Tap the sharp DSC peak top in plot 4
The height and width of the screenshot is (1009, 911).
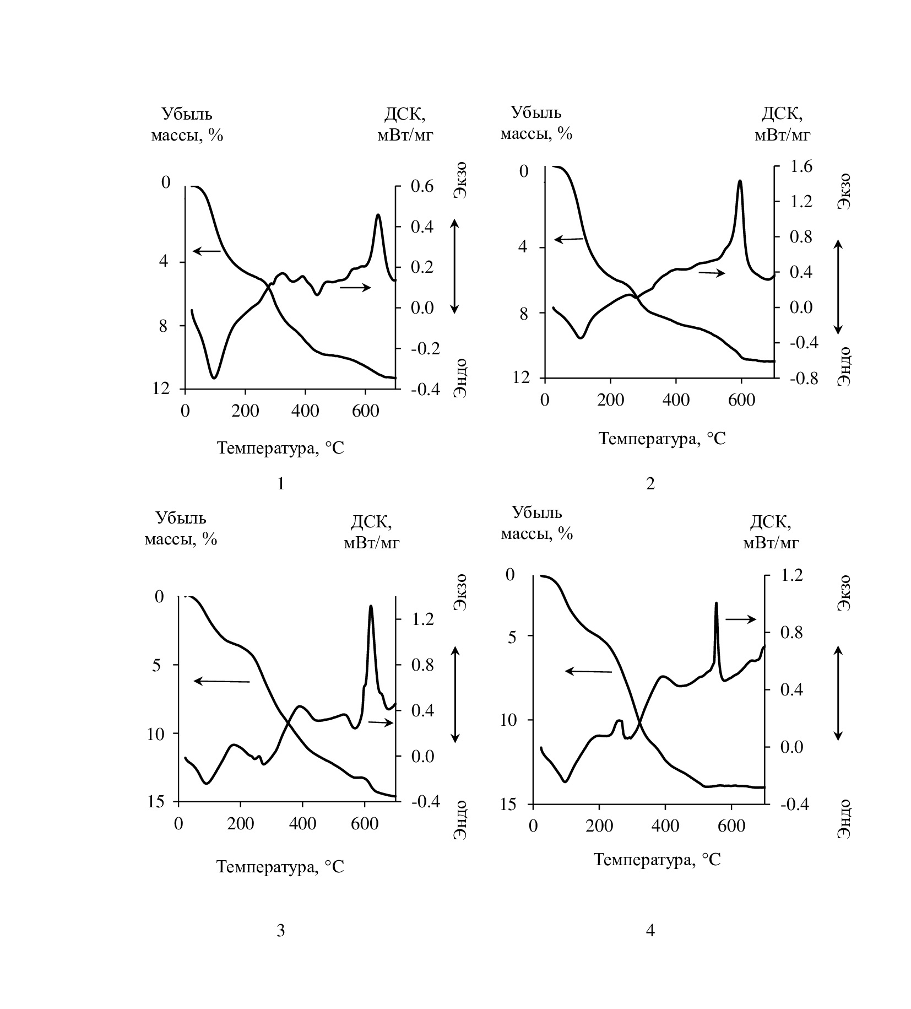pos(716,603)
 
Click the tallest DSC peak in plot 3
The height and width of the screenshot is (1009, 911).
pos(371,606)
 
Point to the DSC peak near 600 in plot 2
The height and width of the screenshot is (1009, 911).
pos(740,181)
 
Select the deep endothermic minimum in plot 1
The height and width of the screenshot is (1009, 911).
pos(214,377)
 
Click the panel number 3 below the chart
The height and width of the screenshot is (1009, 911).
pos(280,931)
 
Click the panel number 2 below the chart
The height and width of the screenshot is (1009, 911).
pos(650,484)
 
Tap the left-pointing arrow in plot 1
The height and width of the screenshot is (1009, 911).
pos(207,251)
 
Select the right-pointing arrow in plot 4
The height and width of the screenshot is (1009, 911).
pos(740,619)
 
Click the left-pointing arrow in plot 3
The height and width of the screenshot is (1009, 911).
pos(221,681)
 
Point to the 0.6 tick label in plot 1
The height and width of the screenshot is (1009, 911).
pos(422,187)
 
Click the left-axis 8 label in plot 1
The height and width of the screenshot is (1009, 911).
pos(164,326)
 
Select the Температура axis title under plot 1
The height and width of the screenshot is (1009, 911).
pos(280,447)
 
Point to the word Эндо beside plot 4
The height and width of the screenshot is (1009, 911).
pos(843,819)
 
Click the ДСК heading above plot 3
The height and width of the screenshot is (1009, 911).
pos(371,521)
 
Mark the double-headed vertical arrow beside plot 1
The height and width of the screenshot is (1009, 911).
pos(454,266)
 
